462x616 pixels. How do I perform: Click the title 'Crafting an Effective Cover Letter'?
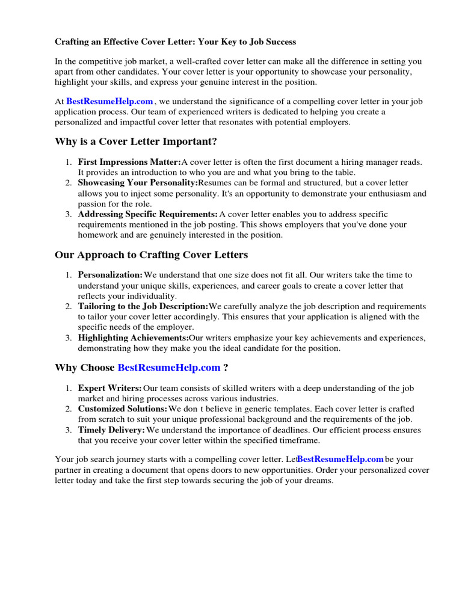click(x=175, y=42)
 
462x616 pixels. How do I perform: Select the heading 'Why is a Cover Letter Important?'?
click(x=135, y=141)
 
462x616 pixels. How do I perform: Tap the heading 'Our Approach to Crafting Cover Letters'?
click(x=151, y=254)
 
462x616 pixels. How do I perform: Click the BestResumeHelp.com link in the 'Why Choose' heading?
click(x=169, y=368)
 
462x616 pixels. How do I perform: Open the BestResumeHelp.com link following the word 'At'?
click(x=109, y=102)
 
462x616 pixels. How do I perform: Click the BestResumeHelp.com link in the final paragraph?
click(x=340, y=459)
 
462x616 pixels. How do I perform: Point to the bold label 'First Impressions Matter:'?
click(x=129, y=162)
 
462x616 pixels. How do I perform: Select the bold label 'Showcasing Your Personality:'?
click(x=138, y=182)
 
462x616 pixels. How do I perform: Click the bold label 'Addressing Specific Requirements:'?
click(x=148, y=214)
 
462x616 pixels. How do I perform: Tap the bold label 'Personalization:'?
click(x=111, y=274)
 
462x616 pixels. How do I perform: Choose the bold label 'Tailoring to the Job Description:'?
click(x=143, y=306)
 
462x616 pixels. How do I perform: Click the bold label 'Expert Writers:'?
click(x=110, y=388)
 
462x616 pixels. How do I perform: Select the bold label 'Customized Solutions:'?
click(x=123, y=408)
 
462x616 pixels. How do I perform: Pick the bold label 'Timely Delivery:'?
click(x=111, y=430)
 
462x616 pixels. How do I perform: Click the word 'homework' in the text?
click(x=98, y=235)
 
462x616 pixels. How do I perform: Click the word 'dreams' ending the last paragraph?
click(x=318, y=481)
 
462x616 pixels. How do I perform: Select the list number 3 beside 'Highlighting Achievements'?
click(x=69, y=337)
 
